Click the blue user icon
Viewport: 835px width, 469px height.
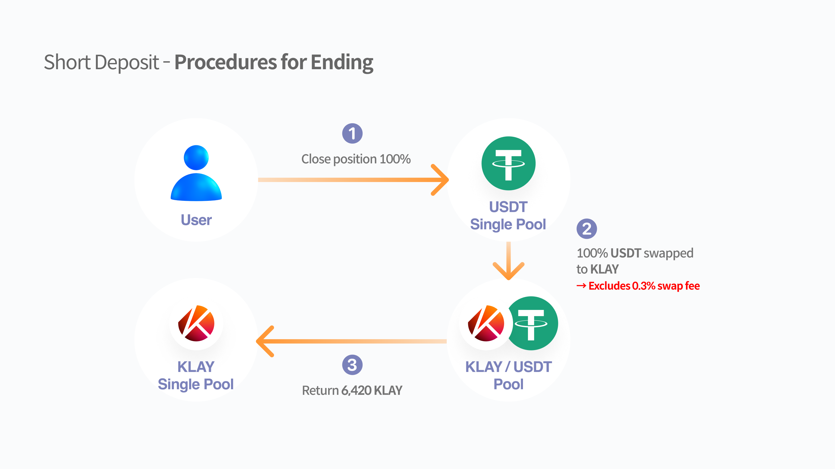click(196, 173)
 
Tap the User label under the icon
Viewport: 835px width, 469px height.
click(196, 220)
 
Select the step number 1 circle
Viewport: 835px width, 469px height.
click(352, 133)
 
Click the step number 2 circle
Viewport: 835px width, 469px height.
click(587, 229)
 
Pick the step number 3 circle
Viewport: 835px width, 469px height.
click(352, 365)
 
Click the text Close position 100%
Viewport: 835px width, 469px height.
click(356, 159)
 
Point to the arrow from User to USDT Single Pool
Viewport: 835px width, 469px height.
click(353, 180)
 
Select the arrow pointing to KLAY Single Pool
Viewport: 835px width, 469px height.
click(351, 341)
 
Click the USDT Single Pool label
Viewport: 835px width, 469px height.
click(508, 216)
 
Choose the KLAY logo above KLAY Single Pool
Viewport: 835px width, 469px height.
click(196, 323)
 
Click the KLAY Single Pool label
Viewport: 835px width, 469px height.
click(196, 376)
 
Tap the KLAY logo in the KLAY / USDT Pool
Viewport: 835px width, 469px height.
click(486, 323)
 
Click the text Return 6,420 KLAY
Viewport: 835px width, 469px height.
click(352, 390)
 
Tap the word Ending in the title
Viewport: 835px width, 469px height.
click(342, 62)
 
